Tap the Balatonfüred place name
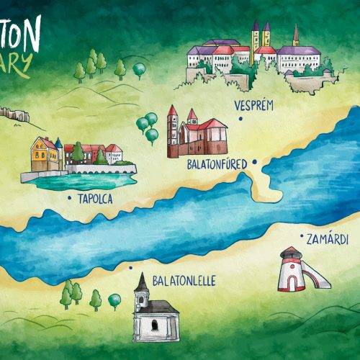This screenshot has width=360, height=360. tap(215, 164)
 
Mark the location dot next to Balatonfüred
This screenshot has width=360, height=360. tap(253, 163)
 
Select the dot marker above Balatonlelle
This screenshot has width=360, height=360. tap(130, 268)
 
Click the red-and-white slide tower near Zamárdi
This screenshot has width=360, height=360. tap(290, 270)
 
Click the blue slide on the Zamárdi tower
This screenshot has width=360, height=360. tap(318, 274)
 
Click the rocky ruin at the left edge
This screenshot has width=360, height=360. tap(12, 112)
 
